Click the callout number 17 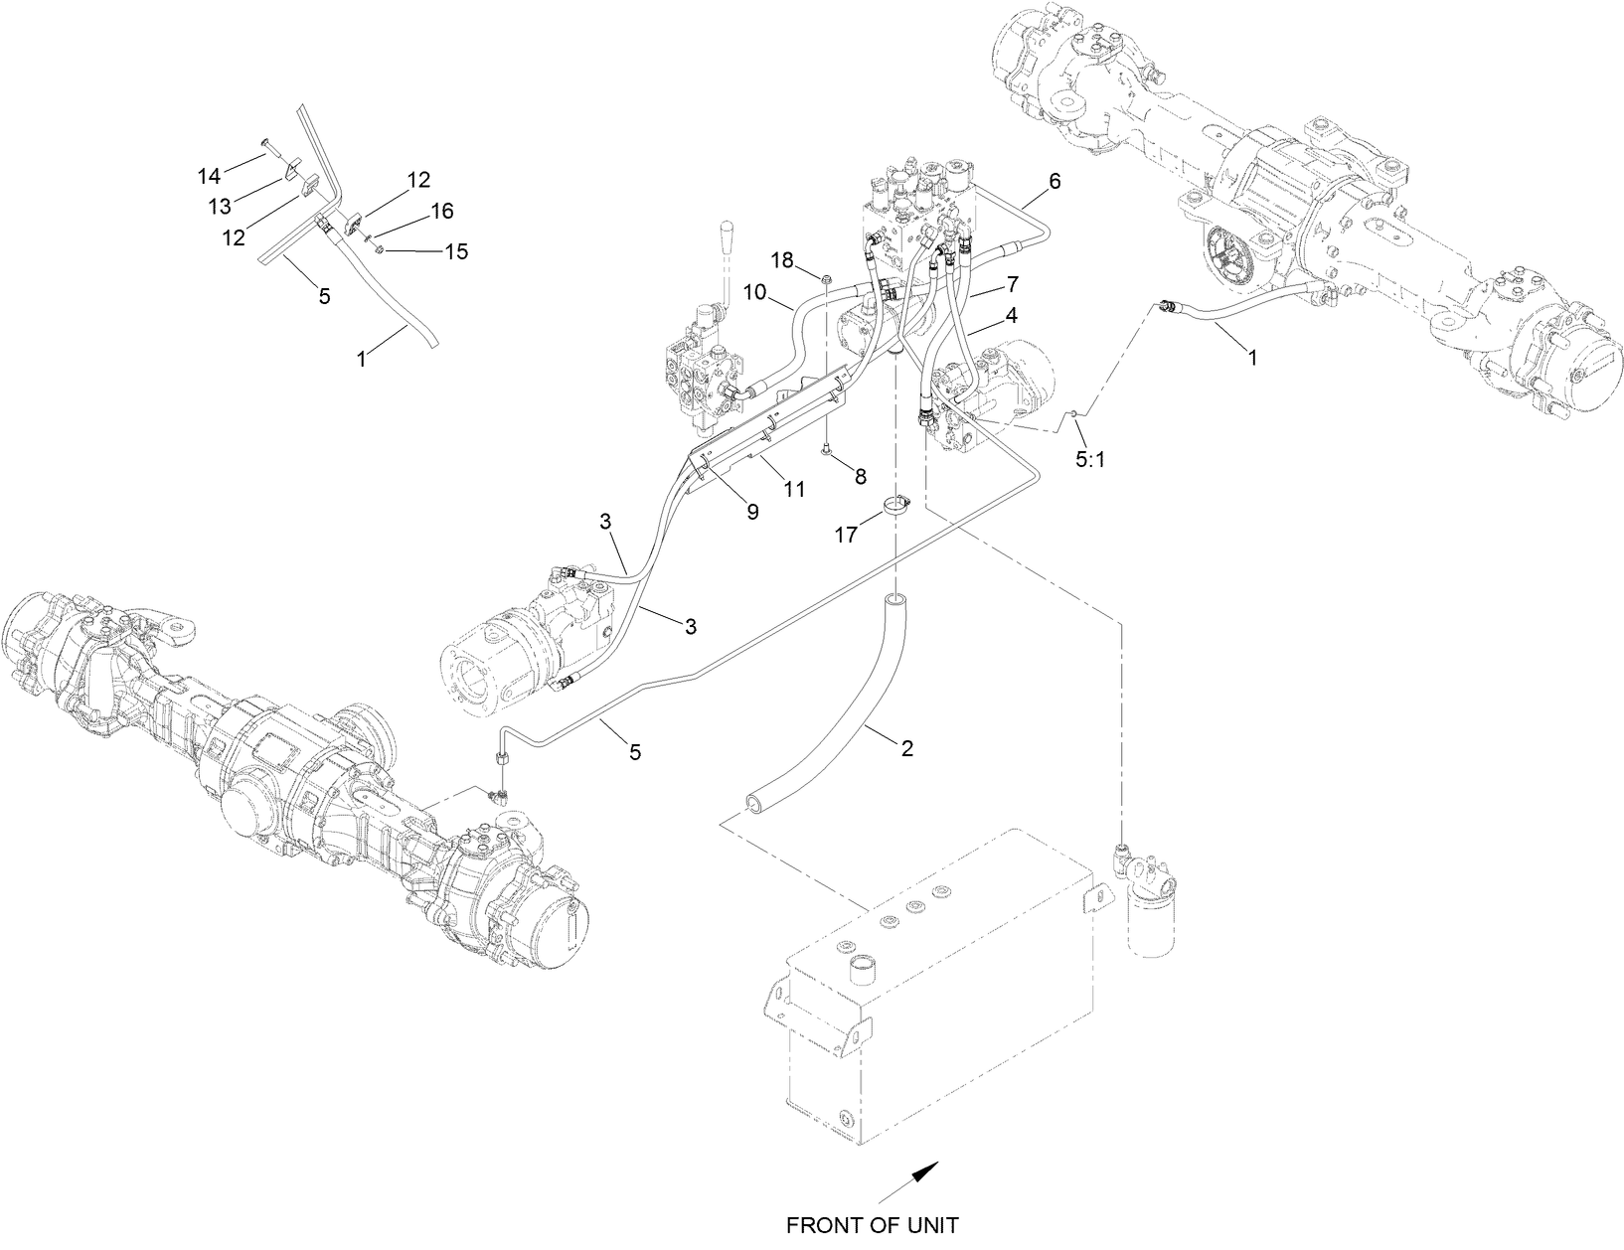pyautogui.click(x=846, y=535)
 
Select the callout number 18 pyautogui.click(x=783, y=260)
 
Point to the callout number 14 pyautogui.click(x=209, y=176)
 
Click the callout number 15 pyautogui.click(x=455, y=250)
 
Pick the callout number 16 pyautogui.click(x=441, y=211)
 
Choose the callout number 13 pyautogui.click(x=220, y=206)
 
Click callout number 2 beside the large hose pyautogui.click(x=906, y=749)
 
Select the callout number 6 pyautogui.click(x=1054, y=181)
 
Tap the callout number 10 pyautogui.click(x=753, y=292)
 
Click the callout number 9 pyautogui.click(x=752, y=511)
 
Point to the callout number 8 pyautogui.click(x=861, y=476)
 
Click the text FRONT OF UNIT pyautogui.click(x=872, y=1225)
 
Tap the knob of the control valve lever pyautogui.click(x=723, y=237)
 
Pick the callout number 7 pyautogui.click(x=1012, y=284)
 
